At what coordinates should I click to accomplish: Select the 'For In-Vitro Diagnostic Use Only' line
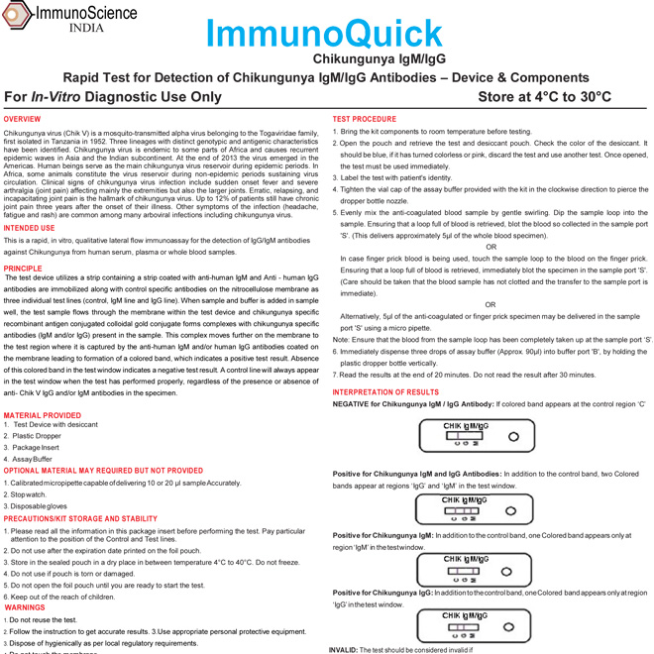(113, 96)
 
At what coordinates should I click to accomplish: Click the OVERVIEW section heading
(23, 119)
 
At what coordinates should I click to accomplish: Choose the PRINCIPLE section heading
(23, 268)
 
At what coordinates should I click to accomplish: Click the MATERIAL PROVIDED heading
(43, 415)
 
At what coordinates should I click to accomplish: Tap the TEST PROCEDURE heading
(365, 119)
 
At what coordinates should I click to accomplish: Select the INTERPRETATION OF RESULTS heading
(385, 392)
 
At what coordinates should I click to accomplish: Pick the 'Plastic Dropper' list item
(37, 436)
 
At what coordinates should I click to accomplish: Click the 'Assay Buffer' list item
(34, 459)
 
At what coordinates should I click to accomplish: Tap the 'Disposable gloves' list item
(40, 505)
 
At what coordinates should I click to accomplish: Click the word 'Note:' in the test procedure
(340, 340)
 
